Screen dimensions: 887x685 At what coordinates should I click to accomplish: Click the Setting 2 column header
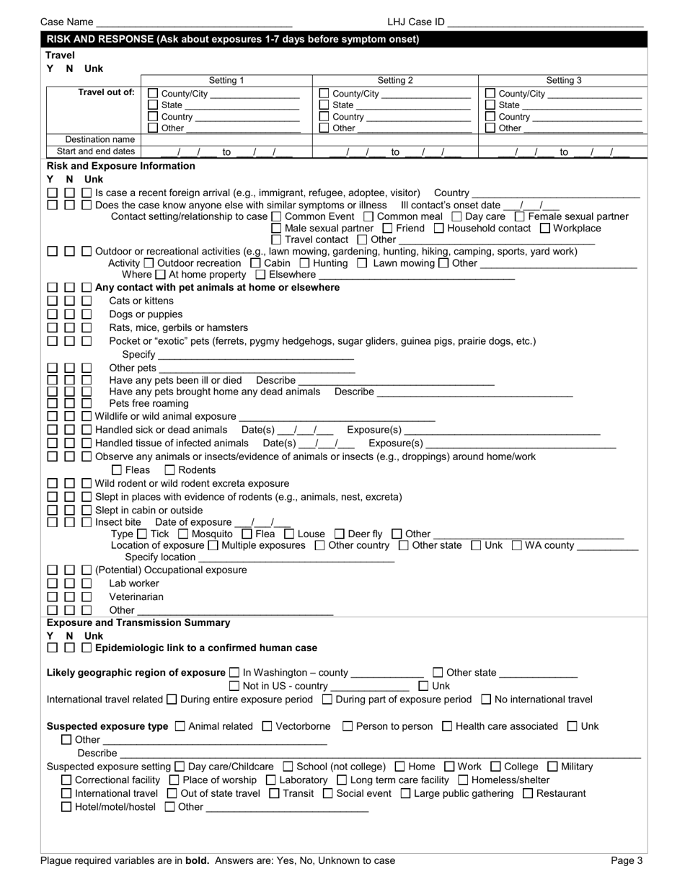[x=395, y=81]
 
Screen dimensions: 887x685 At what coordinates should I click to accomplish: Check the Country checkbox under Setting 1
[x=153, y=117]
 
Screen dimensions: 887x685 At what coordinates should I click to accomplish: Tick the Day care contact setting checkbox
[x=457, y=216]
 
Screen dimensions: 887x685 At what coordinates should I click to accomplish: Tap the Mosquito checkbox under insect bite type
[x=182, y=534]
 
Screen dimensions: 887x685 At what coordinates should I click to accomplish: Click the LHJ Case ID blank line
[x=545, y=22]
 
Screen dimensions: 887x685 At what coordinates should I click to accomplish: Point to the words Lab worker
[x=134, y=583]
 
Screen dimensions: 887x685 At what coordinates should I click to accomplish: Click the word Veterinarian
[x=136, y=597]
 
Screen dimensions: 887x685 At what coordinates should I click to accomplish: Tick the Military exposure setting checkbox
[x=553, y=767]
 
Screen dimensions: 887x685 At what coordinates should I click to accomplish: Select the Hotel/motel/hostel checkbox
[x=66, y=807]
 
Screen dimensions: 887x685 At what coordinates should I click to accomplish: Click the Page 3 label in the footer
[x=627, y=860]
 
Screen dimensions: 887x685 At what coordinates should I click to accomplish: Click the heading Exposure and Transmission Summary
[x=138, y=622]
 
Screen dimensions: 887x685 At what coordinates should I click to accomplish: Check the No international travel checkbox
[x=486, y=699]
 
